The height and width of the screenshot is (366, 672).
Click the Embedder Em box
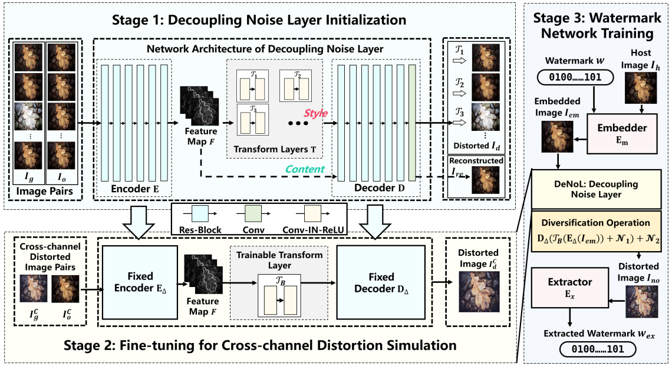coord(621,134)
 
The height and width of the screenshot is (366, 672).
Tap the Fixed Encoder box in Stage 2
coord(139,281)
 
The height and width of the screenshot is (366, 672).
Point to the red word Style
coord(316,113)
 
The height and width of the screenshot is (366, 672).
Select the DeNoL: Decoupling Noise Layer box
coord(597,189)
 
